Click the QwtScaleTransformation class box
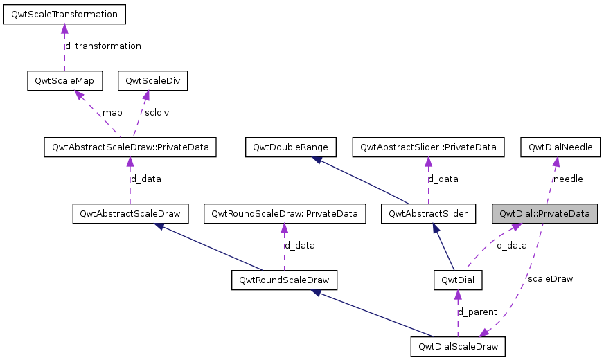click(64, 14)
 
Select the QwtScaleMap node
click(64, 81)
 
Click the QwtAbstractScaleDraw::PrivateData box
click(130, 147)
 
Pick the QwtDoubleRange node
click(291, 147)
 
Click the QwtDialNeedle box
click(560, 147)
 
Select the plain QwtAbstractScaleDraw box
click(130, 214)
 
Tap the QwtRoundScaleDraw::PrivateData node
click(284, 214)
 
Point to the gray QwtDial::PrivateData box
click(544, 214)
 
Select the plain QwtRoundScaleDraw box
click(284, 280)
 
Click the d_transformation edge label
click(103, 46)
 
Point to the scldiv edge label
click(157, 112)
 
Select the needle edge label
click(567, 179)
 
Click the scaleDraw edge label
click(550, 279)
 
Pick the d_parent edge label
click(477, 312)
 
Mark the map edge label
click(112, 112)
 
